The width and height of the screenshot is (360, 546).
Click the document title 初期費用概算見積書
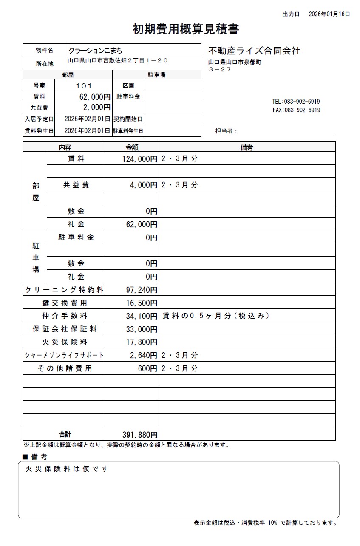click(x=186, y=29)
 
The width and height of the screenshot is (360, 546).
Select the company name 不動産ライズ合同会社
click(x=254, y=51)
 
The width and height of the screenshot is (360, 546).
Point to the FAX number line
click(x=296, y=110)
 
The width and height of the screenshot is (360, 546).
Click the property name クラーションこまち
click(x=95, y=50)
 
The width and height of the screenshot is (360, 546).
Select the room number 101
click(x=83, y=85)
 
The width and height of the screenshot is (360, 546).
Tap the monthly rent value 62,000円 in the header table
click(x=92, y=96)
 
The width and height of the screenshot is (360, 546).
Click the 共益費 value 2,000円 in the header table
click(x=97, y=108)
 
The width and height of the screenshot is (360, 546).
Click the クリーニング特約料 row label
click(x=64, y=290)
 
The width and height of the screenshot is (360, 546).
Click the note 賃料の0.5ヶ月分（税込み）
click(x=215, y=316)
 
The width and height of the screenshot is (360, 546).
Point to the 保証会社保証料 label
click(x=64, y=329)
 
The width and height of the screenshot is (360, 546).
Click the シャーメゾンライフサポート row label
click(x=64, y=356)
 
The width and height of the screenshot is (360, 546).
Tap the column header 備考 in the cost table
click(x=247, y=147)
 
